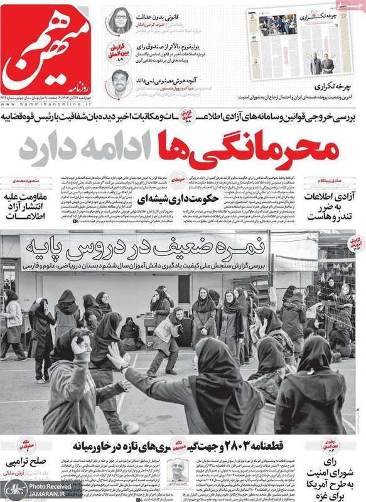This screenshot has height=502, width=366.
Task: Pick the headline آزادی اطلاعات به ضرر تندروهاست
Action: coord(333,207)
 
